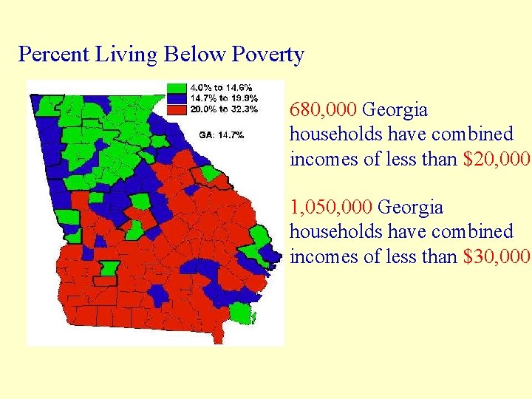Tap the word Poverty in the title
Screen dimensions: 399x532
pos(267,55)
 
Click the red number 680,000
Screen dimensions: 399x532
pos(323,110)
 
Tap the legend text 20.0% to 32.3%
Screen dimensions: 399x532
pos(225,109)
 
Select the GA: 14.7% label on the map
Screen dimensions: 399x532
pos(221,134)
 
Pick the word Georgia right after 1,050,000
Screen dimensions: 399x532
pos(412,207)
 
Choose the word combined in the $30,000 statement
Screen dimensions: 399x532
pos(474,231)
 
